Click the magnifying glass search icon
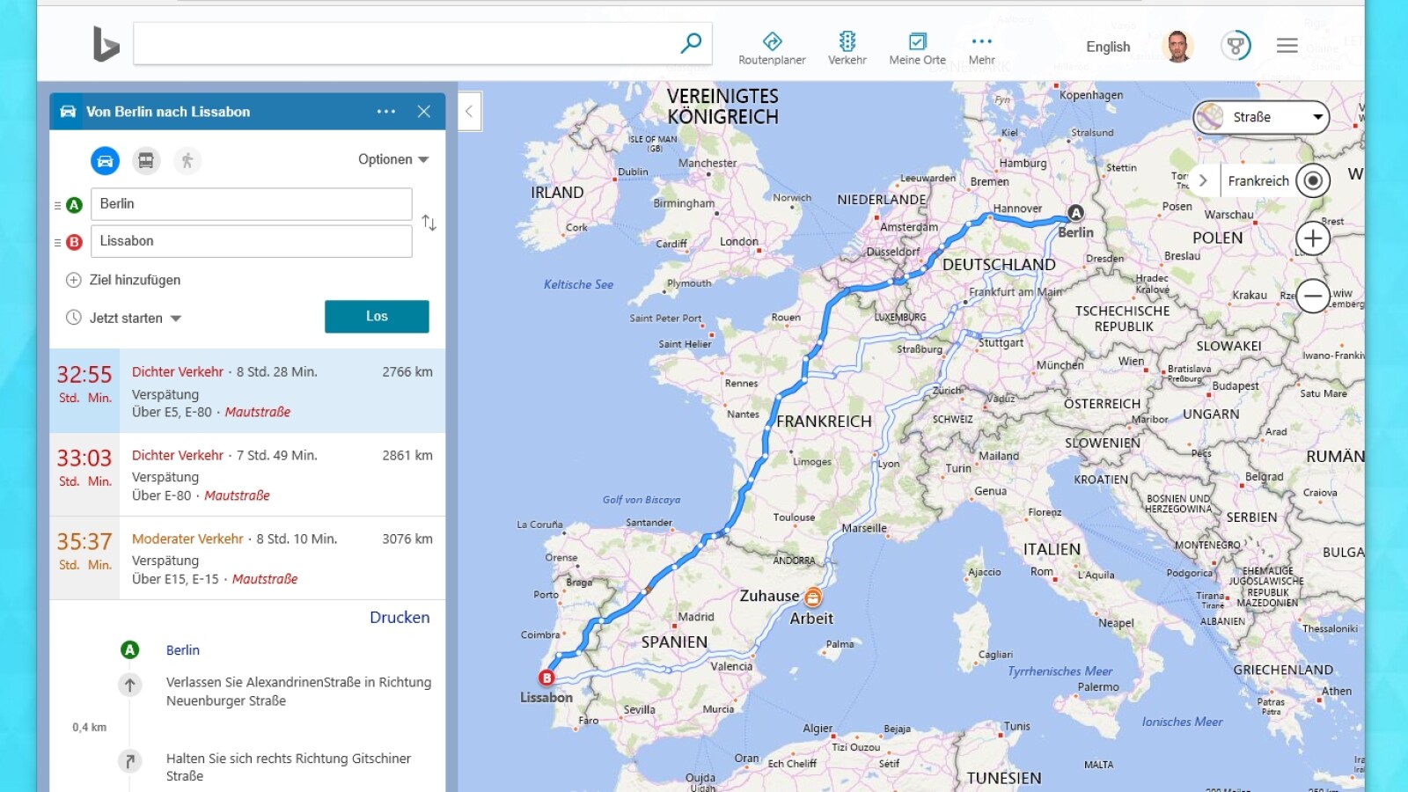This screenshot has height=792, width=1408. pyautogui.click(x=691, y=42)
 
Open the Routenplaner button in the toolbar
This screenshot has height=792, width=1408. pyautogui.click(x=772, y=48)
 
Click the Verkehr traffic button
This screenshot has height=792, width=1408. pyautogui.click(x=847, y=48)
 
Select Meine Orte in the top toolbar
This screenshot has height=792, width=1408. pyautogui.click(x=917, y=48)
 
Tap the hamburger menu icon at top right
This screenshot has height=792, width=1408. pyautogui.click(x=1287, y=46)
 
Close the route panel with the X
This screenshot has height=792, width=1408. pyautogui.click(x=424, y=112)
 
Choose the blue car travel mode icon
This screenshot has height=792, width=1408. pyautogui.click(x=105, y=160)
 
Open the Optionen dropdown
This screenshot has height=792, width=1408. pyautogui.click(x=392, y=159)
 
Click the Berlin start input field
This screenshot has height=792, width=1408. pyautogui.click(x=251, y=204)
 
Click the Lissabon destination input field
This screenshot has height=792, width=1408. pyautogui.click(x=251, y=241)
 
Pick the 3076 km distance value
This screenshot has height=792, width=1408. pyautogui.click(x=407, y=539)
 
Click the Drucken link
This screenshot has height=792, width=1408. pyautogui.click(x=400, y=618)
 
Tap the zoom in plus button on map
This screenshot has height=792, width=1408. pyautogui.click(x=1312, y=238)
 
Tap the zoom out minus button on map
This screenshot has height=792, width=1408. pyautogui.click(x=1312, y=296)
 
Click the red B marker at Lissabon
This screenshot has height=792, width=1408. pyautogui.click(x=546, y=678)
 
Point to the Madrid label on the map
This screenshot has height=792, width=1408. pyautogui.click(x=696, y=617)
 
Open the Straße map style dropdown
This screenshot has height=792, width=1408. pyautogui.click(x=1260, y=117)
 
